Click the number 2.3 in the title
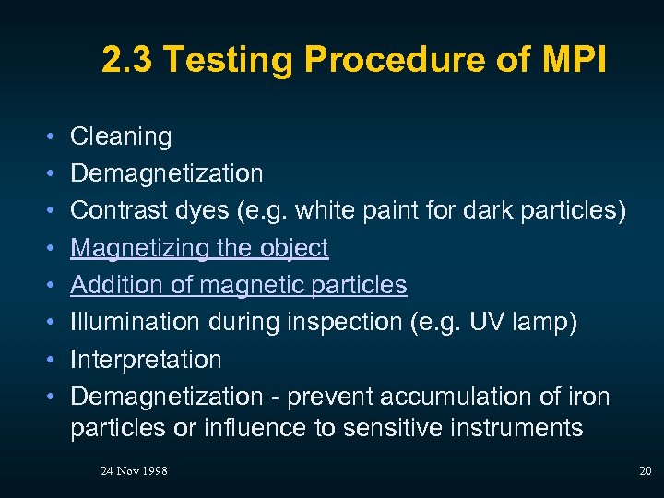tap(125, 61)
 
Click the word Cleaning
tap(121, 137)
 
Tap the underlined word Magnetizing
tap(136, 248)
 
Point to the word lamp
tap(542, 322)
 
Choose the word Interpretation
tap(146, 359)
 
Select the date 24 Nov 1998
tap(134, 471)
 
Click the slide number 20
tap(645, 471)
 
